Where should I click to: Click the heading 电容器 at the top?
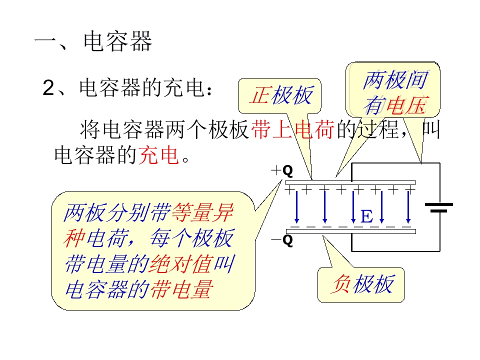pyautogui.click(x=118, y=41)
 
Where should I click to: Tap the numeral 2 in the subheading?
pyautogui.click(x=48, y=88)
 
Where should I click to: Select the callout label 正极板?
pyautogui.click(x=281, y=95)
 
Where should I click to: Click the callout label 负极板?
pyautogui.click(x=362, y=284)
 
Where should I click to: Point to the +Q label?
pyautogui.click(x=282, y=170)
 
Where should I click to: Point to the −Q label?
pyautogui.click(x=282, y=240)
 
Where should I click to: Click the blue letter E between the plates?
pyautogui.click(x=366, y=216)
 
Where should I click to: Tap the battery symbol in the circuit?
pyautogui.click(x=439, y=207)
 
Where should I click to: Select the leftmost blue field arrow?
pyautogui.click(x=296, y=207)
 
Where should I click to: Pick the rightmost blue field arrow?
pyautogui.click(x=408, y=207)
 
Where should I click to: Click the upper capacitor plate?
pyautogui.click(x=350, y=182)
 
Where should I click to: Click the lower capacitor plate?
pyautogui.click(x=351, y=231)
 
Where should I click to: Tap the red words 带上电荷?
pyautogui.click(x=292, y=129)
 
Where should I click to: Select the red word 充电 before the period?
pyautogui.click(x=158, y=155)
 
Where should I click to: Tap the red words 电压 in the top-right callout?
pyautogui.click(x=406, y=105)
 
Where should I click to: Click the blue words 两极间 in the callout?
pyautogui.click(x=395, y=80)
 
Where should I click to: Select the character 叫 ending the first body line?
pyautogui.click(x=430, y=129)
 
